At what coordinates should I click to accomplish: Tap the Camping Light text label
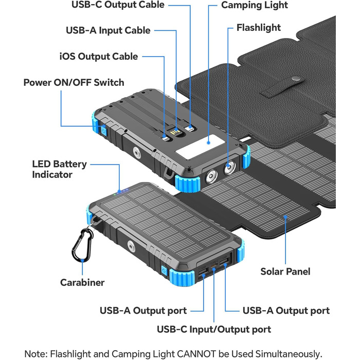[x=255, y=5]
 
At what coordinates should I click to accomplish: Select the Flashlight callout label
[x=258, y=27]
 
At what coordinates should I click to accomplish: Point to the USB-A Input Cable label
[x=108, y=30]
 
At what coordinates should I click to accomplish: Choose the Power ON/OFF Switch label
[x=74, y=82]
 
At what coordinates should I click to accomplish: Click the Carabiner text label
[x=82, y=282]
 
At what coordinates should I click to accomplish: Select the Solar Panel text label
[x=285, y=271]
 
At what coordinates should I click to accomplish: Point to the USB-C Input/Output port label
[x=214, y=329]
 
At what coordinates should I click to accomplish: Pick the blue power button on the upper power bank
[x=103, y=130]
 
